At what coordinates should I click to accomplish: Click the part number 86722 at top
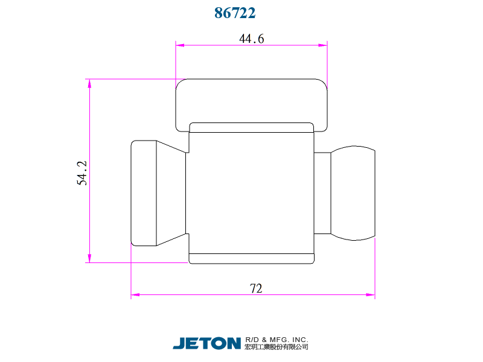235,13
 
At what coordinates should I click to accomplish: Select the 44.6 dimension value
251,39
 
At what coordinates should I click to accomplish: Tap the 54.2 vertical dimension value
82,173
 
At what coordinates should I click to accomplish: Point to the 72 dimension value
255,288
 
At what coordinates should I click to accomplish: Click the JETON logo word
206,343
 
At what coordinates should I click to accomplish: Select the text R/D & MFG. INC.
277,340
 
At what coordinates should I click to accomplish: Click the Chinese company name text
277,347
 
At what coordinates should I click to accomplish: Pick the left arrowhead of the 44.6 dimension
180,45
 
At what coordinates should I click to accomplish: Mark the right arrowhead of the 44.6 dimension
323,45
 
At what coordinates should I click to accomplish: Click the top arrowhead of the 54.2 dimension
89,83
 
